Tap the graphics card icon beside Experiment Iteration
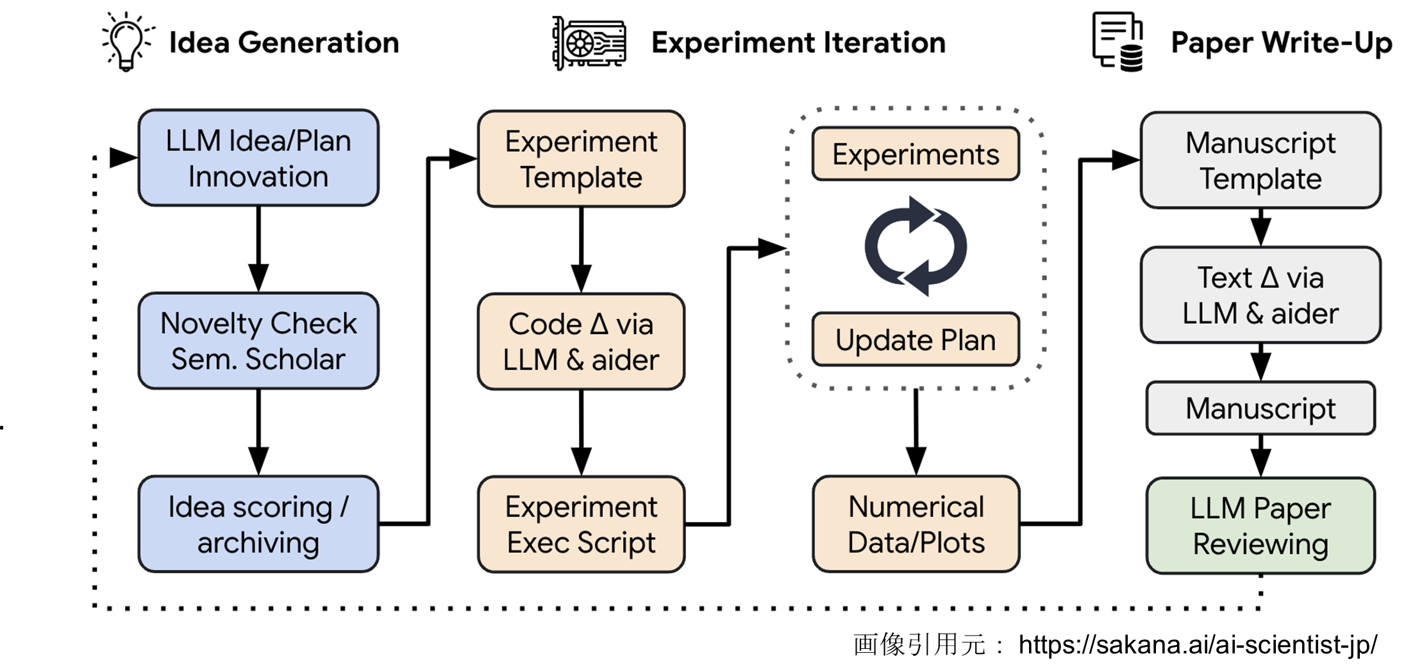coord(589,43)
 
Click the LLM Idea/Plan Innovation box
coord(258,158)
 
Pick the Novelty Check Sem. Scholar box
coord(258,340)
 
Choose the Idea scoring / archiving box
coord(258,524)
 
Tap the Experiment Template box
coord(581,158)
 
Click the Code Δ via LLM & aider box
coord(581,341)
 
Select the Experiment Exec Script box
coord(581,524)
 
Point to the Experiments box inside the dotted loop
coord(916,154)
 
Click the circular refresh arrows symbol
coord(916,246)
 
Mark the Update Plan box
coord(916,339)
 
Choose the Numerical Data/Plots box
coord(916,524)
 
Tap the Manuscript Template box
coord(1260,160)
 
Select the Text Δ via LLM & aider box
coord(1260,295)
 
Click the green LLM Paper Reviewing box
coord(1260,525)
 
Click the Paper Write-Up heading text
coord(1281,43)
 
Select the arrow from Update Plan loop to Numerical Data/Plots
coord(916,432)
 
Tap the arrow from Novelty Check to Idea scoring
coord(258,432)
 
